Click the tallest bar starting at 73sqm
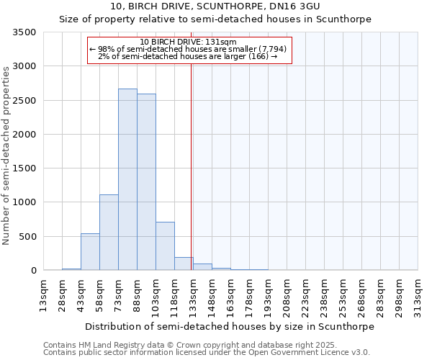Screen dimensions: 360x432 [x=127, y=180]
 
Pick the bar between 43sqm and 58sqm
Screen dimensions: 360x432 [x=90, y=252]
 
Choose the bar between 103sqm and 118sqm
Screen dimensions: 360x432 [x=165, y=246]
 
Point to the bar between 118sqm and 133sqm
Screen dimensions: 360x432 [x=184, y=264]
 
